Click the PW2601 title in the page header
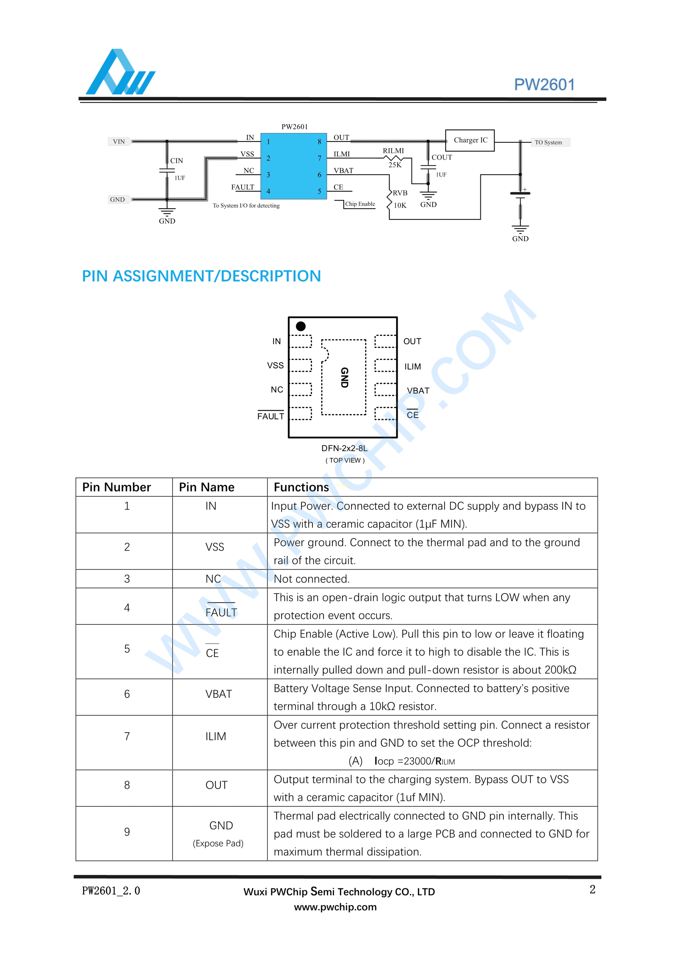tap(544, 85)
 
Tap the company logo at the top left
tap(120, 73)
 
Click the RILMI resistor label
tap(393, 151)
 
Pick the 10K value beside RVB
tap(400, 206)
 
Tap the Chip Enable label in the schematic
tap(360, 204)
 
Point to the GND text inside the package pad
tap(344, 377)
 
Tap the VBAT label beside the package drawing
tap(418, 391)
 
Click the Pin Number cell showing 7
tap(127, 736)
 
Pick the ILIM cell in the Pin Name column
tap(216, 736)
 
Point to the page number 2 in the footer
tap(592, 890)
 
